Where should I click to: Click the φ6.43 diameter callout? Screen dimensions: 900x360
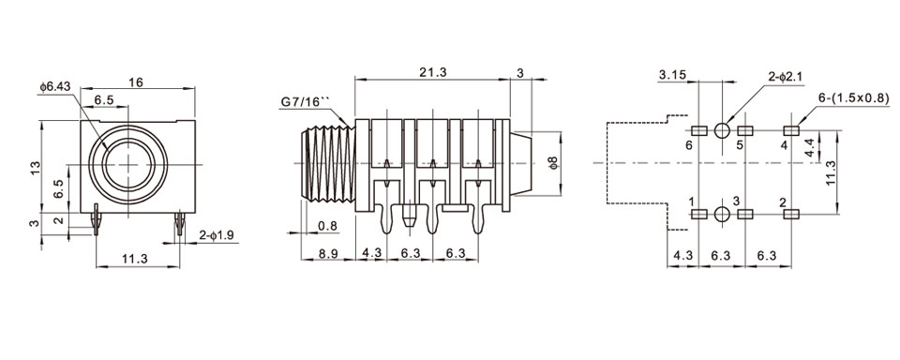coord(55,87)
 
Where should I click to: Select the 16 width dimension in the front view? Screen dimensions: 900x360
coord(135,82)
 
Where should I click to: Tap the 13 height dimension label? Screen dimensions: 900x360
coord(37,168)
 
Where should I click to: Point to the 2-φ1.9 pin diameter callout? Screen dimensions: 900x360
coord(217,235)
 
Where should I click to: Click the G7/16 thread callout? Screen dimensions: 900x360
coord(306,102)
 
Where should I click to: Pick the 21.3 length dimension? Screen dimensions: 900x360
coord(433,72)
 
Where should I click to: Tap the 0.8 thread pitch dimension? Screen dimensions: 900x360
coord(327,226)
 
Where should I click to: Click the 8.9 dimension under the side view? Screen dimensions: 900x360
coord(328,253)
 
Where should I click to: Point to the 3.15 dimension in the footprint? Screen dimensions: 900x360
coord(671,75)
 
